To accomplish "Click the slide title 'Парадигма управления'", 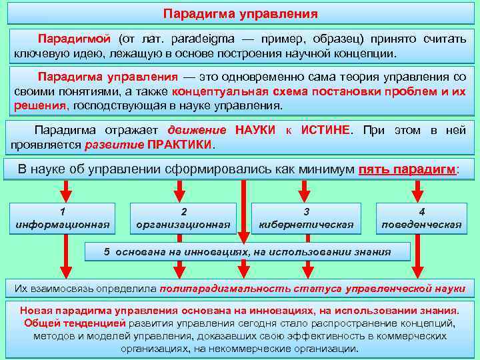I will click(x=240, y=14).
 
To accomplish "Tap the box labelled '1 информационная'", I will click(x=63, y=218).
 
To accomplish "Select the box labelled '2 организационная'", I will click(x=183, y=218).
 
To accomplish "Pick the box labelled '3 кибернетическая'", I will click(x=306, y=218).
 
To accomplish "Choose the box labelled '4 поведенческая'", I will click(x=421, y=218).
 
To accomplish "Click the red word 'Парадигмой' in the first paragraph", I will click(x=71, y=39).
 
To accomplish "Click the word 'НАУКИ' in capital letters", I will click(x=255, y=130).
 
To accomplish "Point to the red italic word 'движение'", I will click(x=198, y=130).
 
